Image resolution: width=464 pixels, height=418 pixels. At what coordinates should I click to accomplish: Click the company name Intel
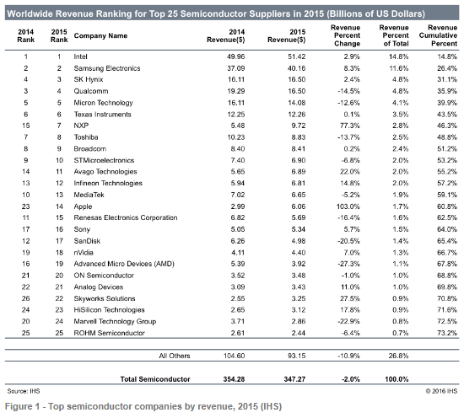pyautogui.click(x=80, y=56)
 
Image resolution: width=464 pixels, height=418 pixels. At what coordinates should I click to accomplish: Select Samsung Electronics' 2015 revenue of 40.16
pyautogui.click(x=296, y=68)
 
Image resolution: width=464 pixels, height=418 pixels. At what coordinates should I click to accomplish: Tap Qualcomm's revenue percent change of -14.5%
pyautogui.click(x=348, y=91)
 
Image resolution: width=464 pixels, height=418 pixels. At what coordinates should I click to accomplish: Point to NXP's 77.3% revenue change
pyautogui.click(x=350, y=126)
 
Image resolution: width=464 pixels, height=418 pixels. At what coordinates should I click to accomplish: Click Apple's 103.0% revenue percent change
pyautogui.click(x=348, y=206)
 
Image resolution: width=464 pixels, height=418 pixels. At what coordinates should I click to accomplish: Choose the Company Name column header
pyautogui.click(x=100, y=35)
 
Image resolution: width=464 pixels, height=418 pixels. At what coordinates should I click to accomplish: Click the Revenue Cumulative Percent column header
pyautogui.click(x=438, y=35)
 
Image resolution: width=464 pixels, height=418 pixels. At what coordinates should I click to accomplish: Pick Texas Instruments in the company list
pyautogui.click(x=102, y=114)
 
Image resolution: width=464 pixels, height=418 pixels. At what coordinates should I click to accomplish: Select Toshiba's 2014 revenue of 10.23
pyautogui.click(x=236, y=137)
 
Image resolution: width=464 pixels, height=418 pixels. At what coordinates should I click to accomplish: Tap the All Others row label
pyautogui.click(x=175, y=356)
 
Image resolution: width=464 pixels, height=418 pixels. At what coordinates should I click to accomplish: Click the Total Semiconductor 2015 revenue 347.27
pyautogui.click(x=294, y=379)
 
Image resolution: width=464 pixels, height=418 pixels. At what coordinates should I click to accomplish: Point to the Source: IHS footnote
pyautogui.click(x=24, y=391)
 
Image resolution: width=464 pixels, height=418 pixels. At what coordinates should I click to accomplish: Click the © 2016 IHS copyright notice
pyautogui.click(x=441, y=391)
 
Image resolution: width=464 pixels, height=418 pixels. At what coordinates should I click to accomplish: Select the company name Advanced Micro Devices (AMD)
pyautogui.click(x=124, y=264)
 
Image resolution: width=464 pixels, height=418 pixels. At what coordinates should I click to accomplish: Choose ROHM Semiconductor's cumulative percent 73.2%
pyautogui.click(x=447, y=333)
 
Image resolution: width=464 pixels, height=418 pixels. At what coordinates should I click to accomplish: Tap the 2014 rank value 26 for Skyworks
pyautogui.click(x=26, y=298)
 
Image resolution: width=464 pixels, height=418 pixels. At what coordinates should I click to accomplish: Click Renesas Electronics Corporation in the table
pyautogui.click(x=126, y=217)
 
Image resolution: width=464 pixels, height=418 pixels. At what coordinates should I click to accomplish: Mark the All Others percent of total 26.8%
pyautogui.click(x=398, y=356)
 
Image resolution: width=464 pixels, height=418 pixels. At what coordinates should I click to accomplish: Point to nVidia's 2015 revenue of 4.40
pyautogui.click(x=299, y=253)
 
